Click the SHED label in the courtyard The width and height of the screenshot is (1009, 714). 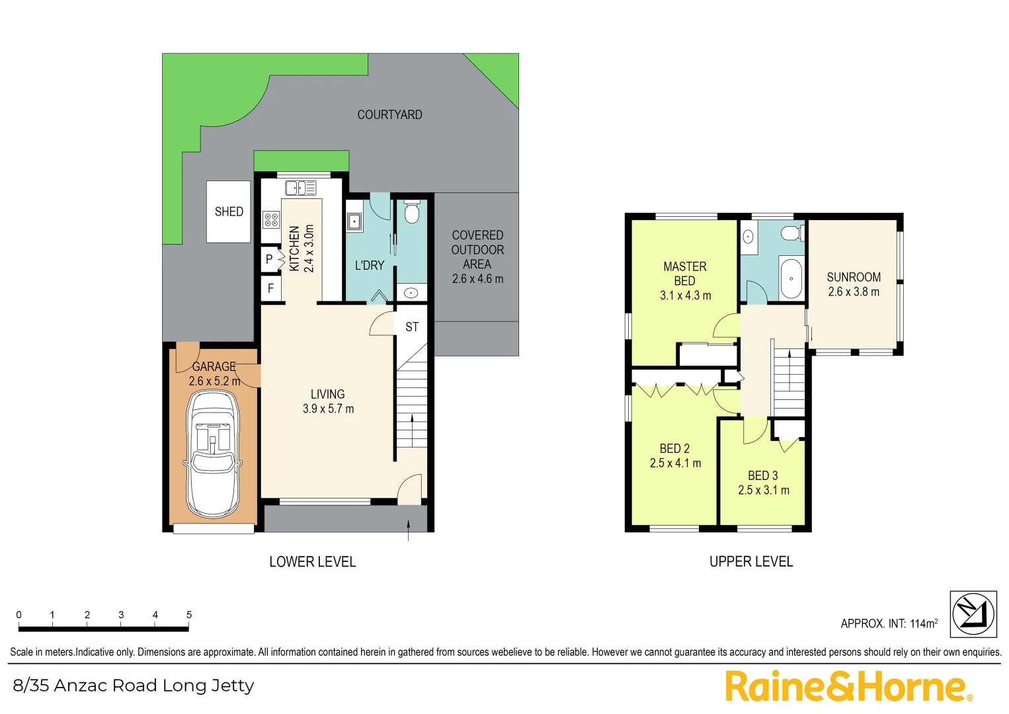click(x=229, y=212)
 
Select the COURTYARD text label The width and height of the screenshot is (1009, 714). click(x=389, y=114)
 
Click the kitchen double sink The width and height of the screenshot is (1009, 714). click(x=300, y=188)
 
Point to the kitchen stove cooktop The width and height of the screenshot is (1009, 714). click(x=271, y=219)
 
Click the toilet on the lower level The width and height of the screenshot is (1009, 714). click(x=411, y=212)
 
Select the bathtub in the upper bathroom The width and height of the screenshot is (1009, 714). click(x=791, y=278)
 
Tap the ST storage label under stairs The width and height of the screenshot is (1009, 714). click(x=411, y=327)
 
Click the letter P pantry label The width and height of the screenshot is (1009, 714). click(x=269, y=259)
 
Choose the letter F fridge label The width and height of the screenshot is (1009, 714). click(x=270, y=288)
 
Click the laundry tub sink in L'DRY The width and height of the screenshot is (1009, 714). click(x=354, y=221)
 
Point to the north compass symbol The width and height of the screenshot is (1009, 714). click(x=973, y=614)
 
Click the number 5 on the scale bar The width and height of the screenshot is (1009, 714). click(x=189, y=615)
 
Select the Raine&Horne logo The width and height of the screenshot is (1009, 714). click(x=848, y=686)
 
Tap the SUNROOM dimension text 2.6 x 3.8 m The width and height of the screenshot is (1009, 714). click(x=854, y=292)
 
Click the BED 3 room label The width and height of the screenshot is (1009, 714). click(x=762, y=475)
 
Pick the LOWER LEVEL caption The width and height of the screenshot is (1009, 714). click(x=312, y=562)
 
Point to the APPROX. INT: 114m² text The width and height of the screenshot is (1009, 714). click(x=889, y=623)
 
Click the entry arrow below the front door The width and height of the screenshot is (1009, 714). click(x=408, y=530)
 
